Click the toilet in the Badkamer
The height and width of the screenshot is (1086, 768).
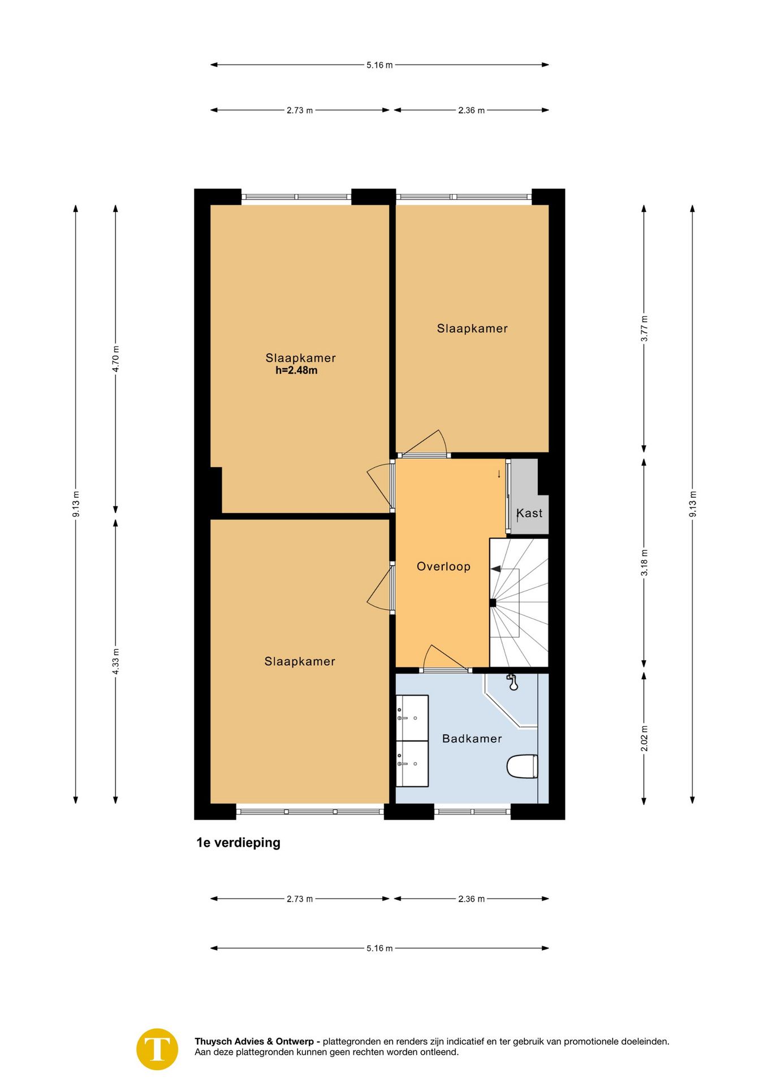click(x=522, y=766)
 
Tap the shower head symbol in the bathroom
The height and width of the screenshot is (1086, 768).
click(x=512, y=682)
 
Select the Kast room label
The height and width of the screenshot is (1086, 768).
click(x=529, y=513)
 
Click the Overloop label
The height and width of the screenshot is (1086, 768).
click(x=443, y=566)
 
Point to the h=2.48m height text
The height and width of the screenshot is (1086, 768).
click(x=296, y=371)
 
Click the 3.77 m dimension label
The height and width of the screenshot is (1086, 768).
click(x=644, y=328)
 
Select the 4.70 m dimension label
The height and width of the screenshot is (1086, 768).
click(x=116, y=359)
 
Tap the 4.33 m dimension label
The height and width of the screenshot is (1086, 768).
click(x=116, y=661)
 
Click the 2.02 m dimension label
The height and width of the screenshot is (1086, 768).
click(x=644, y=738)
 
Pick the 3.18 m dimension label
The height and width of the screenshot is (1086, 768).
click(x=644, y=562)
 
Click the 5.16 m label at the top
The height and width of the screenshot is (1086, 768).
click(x=379, y=65)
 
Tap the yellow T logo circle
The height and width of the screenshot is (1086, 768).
click(x=157, y=1049)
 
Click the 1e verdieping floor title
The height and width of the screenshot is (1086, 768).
click(x=238, y=843)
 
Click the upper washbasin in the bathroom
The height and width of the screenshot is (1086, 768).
click(x=412, y=717)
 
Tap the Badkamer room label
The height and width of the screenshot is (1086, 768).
click(x=472, y=738)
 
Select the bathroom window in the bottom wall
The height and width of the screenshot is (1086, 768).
click(x=473, y=811)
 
